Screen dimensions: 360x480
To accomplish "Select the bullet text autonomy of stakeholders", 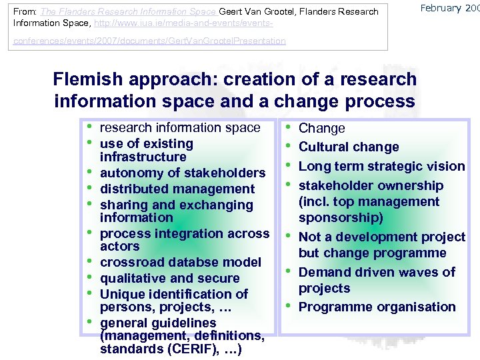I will point(182,173).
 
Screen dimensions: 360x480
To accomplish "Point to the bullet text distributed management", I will point(177,189).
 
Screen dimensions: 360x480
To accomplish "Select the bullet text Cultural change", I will point(349,147).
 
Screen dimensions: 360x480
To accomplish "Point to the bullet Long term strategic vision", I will point(381,166).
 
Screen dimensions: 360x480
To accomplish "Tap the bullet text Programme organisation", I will point(377,307).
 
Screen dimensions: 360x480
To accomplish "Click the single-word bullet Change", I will point(321,128).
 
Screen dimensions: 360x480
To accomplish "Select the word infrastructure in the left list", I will point(143,157).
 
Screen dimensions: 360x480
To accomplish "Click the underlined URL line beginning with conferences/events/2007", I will point(147,41).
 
